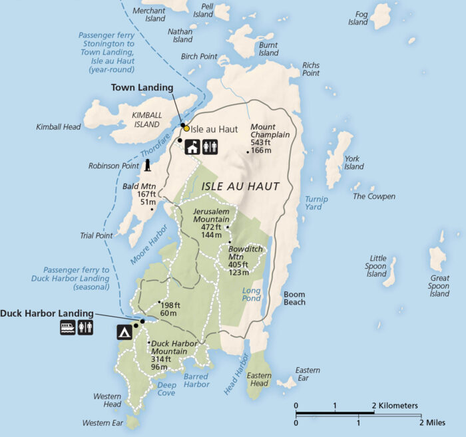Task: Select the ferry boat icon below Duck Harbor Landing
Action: pos(68,327)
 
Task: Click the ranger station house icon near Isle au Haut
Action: pos(192,147)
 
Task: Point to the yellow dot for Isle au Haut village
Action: pos(186,128)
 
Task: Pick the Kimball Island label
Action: pos(146,119)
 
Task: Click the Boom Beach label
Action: pos(294,298)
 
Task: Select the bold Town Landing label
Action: pos(142,87)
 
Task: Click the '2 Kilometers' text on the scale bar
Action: pos(395,405)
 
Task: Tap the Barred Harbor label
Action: pos(195,380)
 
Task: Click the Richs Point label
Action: pos(311,69)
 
